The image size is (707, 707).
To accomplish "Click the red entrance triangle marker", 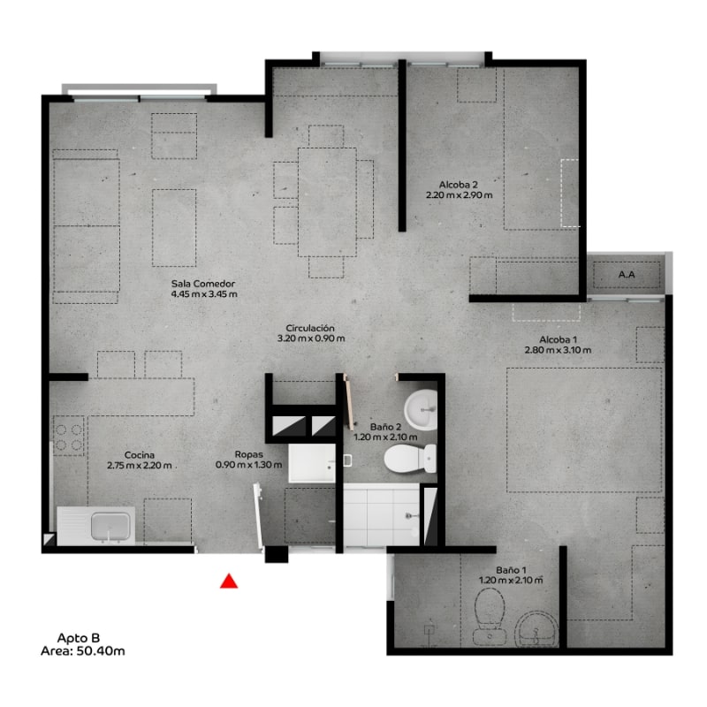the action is [x=229, y=582].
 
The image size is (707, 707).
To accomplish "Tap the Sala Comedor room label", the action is [x=203, y=284].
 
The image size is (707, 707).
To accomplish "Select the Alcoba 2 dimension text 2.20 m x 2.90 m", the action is [x=459, y=195].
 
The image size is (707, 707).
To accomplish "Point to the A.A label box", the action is [x=627, y=275].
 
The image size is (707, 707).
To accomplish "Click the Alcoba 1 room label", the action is [x=558, y=339].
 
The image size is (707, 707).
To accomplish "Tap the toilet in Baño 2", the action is [x=410, y=459].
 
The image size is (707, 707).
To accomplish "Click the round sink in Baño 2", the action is [x=421, y=410].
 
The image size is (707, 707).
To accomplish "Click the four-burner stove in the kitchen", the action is [x=69, y=435].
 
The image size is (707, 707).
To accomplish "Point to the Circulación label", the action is [x=310, y=328].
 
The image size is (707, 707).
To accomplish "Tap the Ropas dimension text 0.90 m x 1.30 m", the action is [x=249, y=465].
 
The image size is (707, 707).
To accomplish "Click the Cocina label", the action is [x=140, y=455].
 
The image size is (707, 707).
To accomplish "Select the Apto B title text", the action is [x=79, y=638].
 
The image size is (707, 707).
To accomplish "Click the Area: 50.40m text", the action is [x=82, y=651].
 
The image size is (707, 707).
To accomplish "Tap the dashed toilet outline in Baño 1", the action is [x=490, y=616].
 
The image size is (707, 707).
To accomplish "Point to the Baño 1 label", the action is [x=511, y=570].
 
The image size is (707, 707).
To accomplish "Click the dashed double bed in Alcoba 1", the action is [x=584, y=430].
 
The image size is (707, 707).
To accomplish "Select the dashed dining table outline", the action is [x=327, y=202].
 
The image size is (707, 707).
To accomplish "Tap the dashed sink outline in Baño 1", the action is [x=536, y=628].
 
